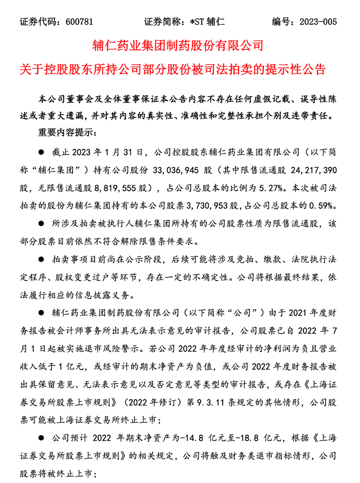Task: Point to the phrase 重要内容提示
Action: [x=64, y=132]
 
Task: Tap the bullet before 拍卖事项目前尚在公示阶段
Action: [x=42, y=259]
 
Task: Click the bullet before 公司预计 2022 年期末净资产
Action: [x=42, y=438]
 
